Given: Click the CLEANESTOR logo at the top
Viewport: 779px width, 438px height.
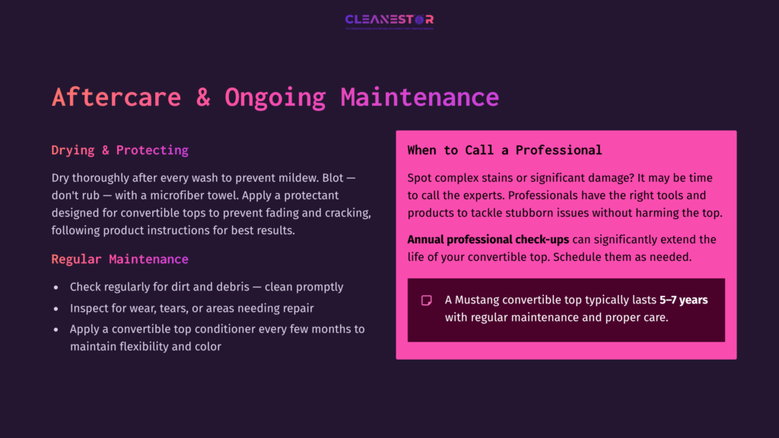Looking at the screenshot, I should click(x=389, y=21).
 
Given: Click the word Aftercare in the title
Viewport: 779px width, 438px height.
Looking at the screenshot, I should click(x=116, y=97).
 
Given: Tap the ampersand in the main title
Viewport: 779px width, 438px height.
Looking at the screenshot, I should click(x=202, y=97).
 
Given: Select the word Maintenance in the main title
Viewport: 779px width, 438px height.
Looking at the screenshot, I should click(x=419, y=97).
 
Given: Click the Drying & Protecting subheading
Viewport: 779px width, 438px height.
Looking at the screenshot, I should click(x=119, y=150).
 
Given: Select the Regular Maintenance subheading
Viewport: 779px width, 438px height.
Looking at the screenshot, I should click(x=119, y=259).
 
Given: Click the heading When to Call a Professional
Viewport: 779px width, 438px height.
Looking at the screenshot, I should click(x=504, y=150).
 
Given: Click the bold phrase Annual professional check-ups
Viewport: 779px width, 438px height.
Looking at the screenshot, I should click(x=488, y=240).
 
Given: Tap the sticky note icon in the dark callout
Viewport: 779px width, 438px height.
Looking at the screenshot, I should click(x=427, y=300).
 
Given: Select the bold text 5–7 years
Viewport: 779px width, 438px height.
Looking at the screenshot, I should click(x=683, y=300).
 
